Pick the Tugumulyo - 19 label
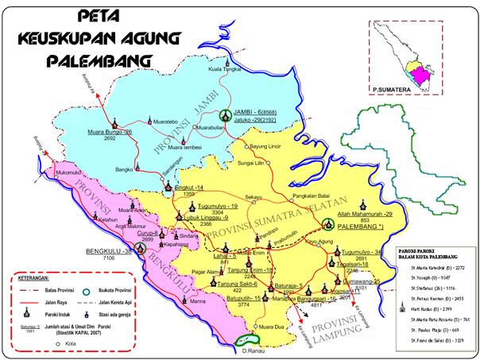click(x=219, y=206)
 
